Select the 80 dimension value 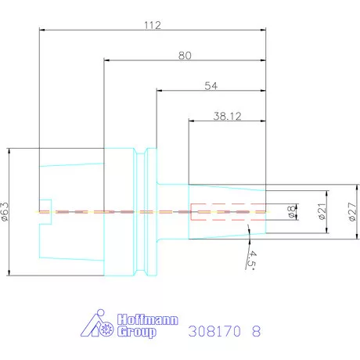click(x=185, y=56)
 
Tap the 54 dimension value click(x=211, y=85)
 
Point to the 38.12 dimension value click(x=227, y=115)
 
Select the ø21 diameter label click(x=321, y=212)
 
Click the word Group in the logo click(x=138, y=332)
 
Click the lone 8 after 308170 click(x=256, y=331)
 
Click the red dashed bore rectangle click(x=227, y=211)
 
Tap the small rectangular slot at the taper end click(x=45, y=211)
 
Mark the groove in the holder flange click(x=140, y=211)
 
